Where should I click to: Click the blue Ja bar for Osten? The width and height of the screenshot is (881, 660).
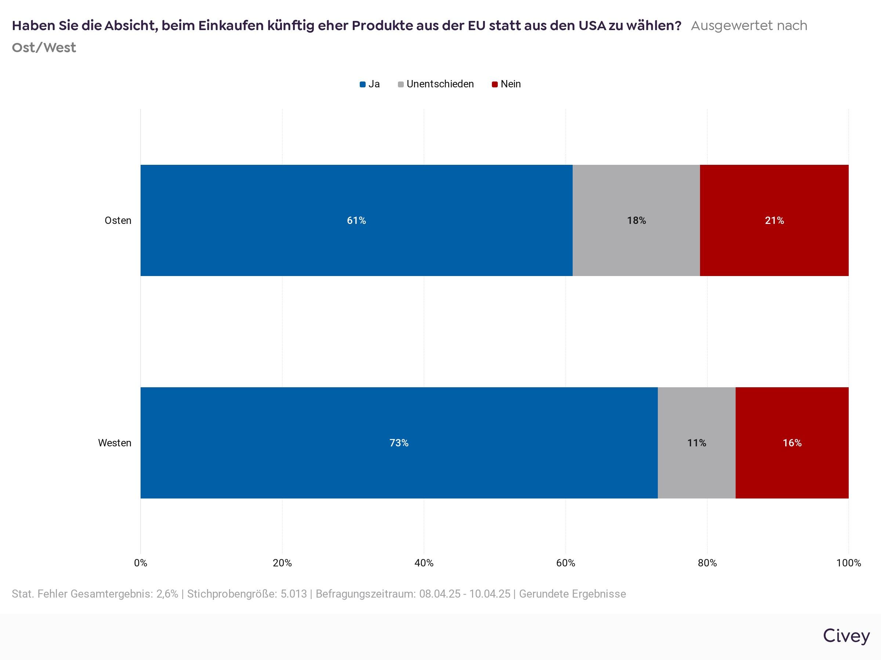(356, 220)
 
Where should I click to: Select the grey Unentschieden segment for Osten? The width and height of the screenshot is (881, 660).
(636, 220)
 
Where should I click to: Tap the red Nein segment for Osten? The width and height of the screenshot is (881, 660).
(774, 220)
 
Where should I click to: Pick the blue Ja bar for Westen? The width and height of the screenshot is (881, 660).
(399, 443)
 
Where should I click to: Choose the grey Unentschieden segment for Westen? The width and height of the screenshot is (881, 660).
(696, 443)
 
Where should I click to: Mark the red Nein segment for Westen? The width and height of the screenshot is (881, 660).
(792, 443)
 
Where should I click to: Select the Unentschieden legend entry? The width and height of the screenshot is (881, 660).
(436, 84)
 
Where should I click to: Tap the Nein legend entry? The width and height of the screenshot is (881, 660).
(507, 84)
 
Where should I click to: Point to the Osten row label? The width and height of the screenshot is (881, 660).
(118, 220)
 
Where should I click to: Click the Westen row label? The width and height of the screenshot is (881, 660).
(115, 443)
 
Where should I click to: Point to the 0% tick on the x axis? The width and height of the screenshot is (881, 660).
(141, 563)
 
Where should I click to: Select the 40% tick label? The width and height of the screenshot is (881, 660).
(424, 563)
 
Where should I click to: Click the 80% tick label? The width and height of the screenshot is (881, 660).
(707, 563)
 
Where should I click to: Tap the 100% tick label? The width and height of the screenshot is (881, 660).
(848, 563)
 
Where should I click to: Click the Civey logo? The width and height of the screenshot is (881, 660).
(846, 636)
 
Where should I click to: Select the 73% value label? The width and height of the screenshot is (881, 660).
(399, 443)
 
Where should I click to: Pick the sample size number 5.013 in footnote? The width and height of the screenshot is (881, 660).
(294, 594)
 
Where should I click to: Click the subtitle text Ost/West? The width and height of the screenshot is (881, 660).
(44, 47)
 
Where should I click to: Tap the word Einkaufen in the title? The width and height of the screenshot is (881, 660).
(230, 25)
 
